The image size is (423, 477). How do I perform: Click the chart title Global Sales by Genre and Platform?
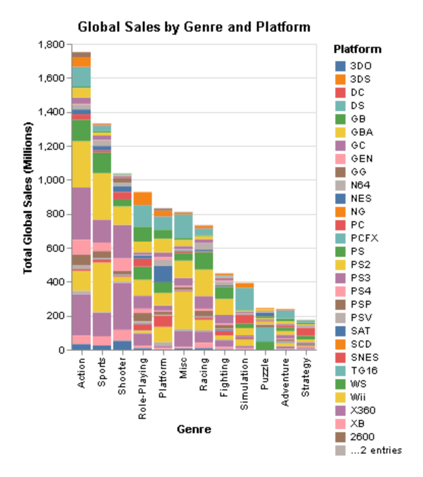194,26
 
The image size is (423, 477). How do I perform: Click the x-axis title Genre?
194,430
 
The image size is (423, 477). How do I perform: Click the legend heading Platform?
357,49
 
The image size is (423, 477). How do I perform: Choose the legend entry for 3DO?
360,66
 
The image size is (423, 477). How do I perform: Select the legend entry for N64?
360,185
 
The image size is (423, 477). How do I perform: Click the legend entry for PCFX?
363,238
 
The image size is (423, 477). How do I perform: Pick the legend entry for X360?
363,410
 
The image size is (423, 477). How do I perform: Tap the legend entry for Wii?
359,397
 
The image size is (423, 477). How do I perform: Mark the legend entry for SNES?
364,357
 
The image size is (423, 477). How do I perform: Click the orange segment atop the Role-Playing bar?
143,198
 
